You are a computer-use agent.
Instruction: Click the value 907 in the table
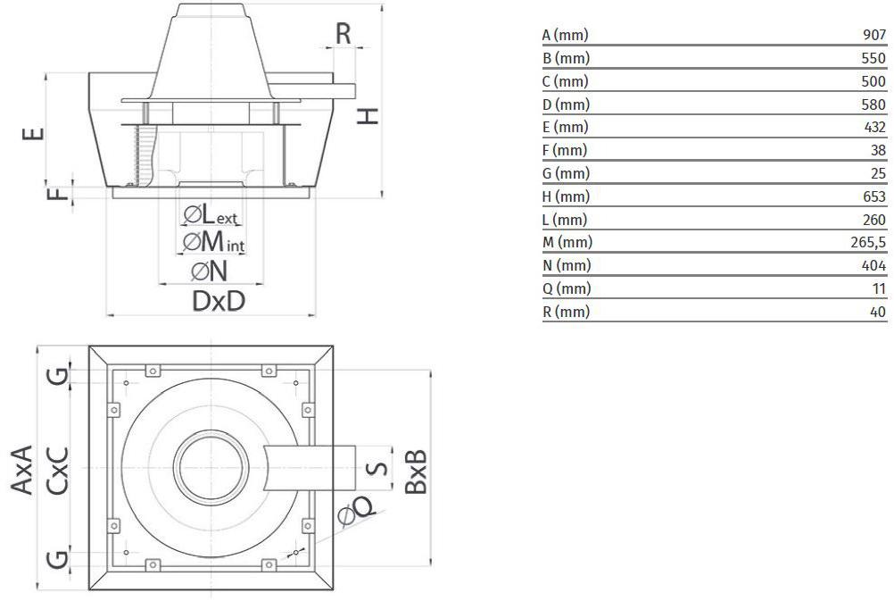[874, 35]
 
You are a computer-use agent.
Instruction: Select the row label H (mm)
[566, 196]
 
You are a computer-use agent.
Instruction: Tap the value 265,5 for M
[868, 243]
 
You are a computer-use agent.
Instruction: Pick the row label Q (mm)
[567, 288]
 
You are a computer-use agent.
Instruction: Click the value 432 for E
[874, 128]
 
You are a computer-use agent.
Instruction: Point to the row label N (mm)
[567, 265]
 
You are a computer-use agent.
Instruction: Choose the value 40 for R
[878, 312]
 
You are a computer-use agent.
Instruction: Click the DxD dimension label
[219, 301]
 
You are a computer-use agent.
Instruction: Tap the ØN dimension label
[210, 271]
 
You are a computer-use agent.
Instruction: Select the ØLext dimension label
[211, 215]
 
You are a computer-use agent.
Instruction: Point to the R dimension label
[344, 34]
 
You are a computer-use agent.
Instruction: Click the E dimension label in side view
[33, 134]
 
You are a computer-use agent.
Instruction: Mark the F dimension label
[58, 195]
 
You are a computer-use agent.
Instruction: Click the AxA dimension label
[22, 470]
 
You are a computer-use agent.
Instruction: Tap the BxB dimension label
[416, 472]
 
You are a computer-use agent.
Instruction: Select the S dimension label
[377, 468]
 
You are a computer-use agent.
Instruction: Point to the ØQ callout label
[357, 510]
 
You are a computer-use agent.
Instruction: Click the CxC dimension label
[58, 471]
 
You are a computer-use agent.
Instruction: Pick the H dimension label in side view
[368, 116]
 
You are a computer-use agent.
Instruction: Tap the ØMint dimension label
[213, 242]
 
